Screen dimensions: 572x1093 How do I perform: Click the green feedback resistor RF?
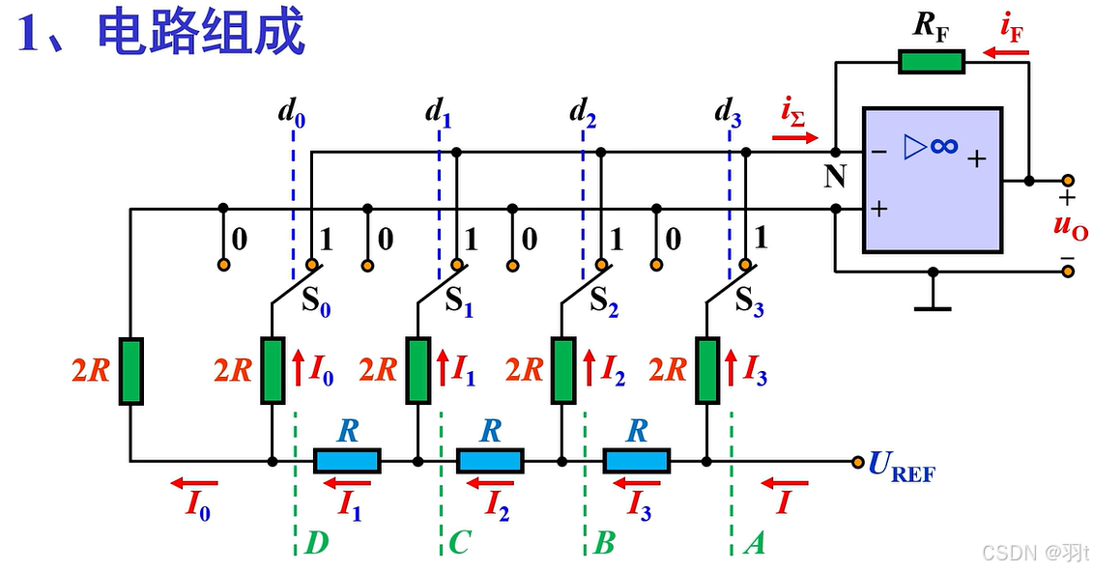pyautogui.click(x=932, y=62)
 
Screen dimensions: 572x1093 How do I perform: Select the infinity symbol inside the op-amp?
pyautogui.click(x=944, y=146)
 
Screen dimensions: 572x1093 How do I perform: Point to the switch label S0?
pyautogui.click(x=315, y=300)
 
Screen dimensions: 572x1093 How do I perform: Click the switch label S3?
pyautogui.click(x=750, y=300)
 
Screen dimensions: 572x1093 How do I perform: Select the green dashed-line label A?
pyautogui.click(x=754, y=544)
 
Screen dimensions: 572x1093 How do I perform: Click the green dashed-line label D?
pyautogui.click(x=316, y=544)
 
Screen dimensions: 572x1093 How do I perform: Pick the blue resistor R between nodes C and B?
pyautogui.click(x=491, y=461)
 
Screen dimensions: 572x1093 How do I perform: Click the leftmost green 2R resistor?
pyautogui.click(x=131, y=371)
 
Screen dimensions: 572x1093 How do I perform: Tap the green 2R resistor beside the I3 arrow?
pyautogui.click(x=707, y=371)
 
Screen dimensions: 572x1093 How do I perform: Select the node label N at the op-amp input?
pyautogui.click(x=835, y=177)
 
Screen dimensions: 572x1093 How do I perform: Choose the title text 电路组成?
pyautogui.click(x=201, y=33)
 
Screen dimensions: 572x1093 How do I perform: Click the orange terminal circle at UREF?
pyautogui.click(x=856, y=462)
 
